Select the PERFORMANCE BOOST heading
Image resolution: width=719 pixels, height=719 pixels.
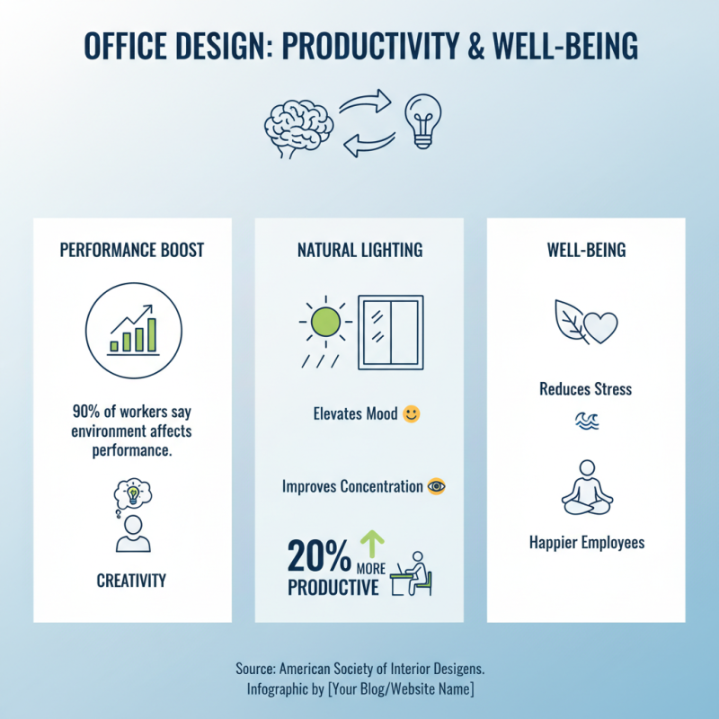132,250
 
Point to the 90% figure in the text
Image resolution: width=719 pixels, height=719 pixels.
86,413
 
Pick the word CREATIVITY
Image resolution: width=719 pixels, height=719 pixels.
131,581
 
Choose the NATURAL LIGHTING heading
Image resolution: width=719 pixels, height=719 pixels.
359,250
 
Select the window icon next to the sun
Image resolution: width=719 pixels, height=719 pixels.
391,332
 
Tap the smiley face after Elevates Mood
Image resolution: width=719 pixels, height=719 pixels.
412,414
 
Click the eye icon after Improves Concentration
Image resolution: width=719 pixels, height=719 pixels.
437,486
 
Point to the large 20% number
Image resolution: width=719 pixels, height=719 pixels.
319,558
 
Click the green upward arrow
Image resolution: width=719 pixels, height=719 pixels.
371,545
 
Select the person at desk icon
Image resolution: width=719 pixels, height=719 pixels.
416,573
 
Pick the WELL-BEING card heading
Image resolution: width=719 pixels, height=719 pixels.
586,250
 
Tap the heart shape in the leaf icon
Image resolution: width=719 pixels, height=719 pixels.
601,324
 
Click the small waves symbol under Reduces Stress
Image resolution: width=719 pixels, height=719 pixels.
586,420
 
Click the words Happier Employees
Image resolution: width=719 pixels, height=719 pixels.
586,543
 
